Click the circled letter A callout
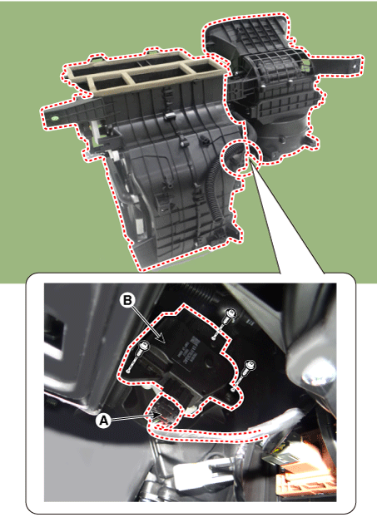tap(103, 420)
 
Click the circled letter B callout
tap(127, 300)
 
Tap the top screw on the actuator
tap(231, 314)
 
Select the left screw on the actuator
tap(144, 347)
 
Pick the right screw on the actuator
tap(250, 366)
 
